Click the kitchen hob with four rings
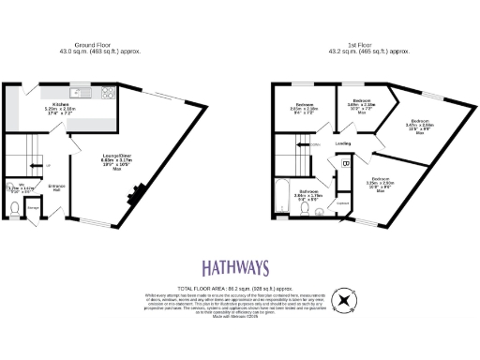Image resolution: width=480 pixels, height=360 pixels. (x=107, y=93)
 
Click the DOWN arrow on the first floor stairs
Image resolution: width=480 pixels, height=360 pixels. (x=315, y=145)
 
